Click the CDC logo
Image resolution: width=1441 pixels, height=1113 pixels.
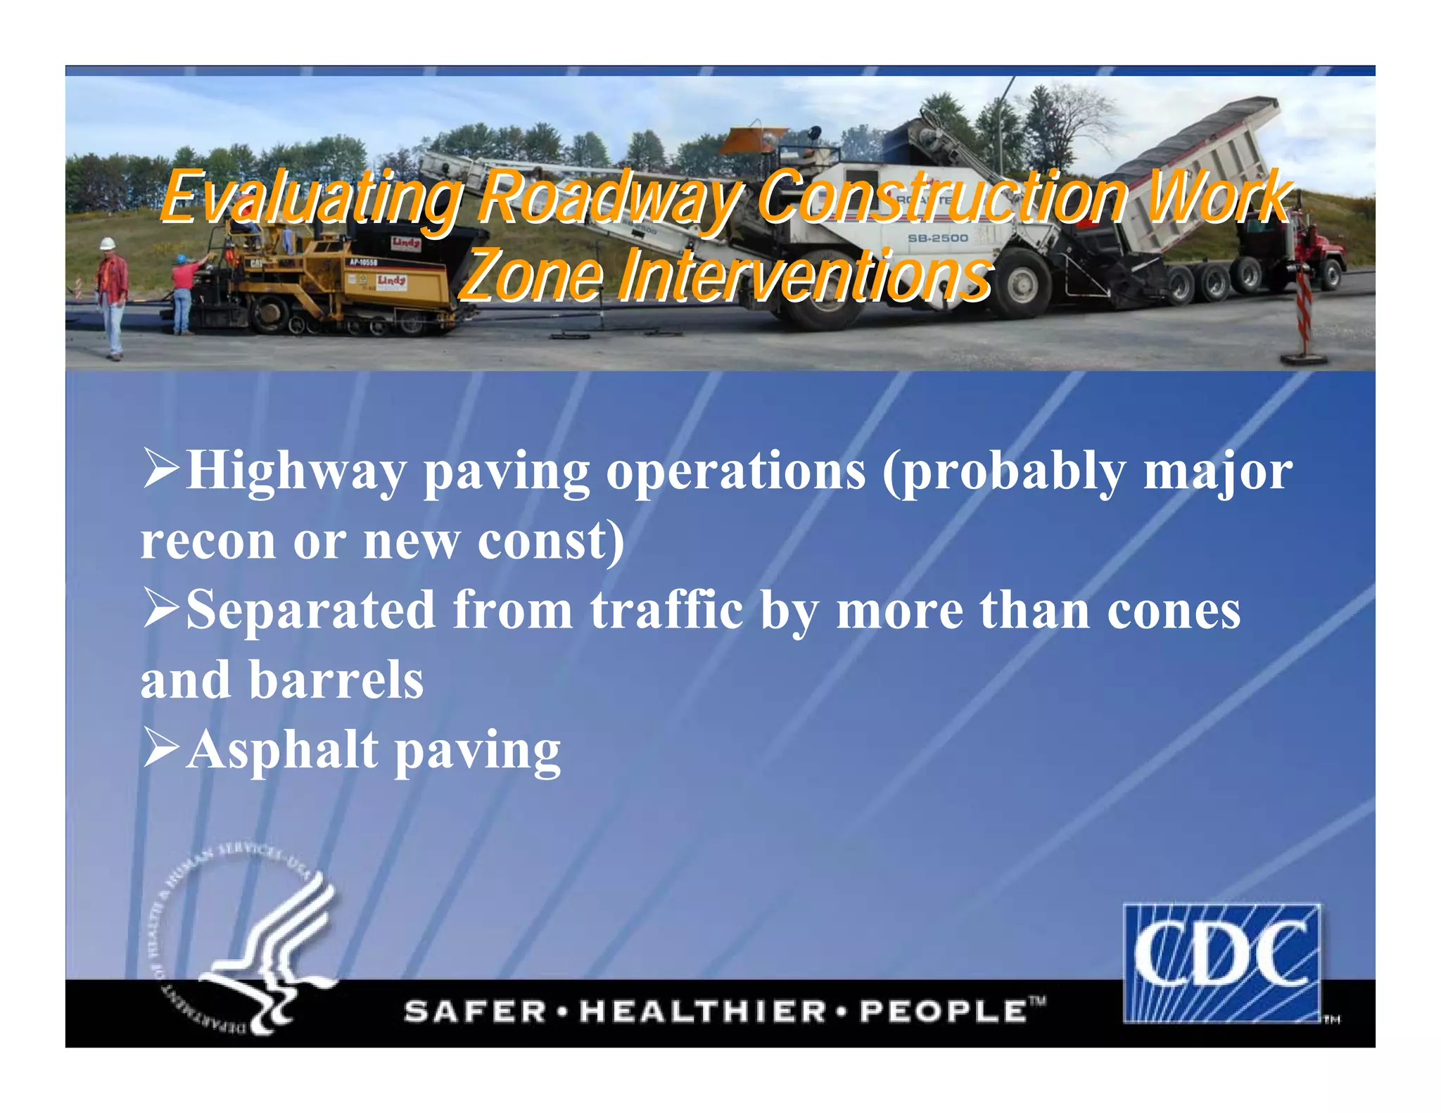[x=1222, y=962]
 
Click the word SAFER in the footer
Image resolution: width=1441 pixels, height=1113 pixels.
[x=476, y=1012]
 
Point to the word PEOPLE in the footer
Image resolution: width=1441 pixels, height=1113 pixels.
[x=943, y=1012]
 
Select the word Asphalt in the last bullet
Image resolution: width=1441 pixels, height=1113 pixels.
[x=282, y=750]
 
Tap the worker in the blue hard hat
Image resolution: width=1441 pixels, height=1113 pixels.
[x=183, y=293]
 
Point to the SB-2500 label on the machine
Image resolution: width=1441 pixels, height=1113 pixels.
[x=937, y=238]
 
